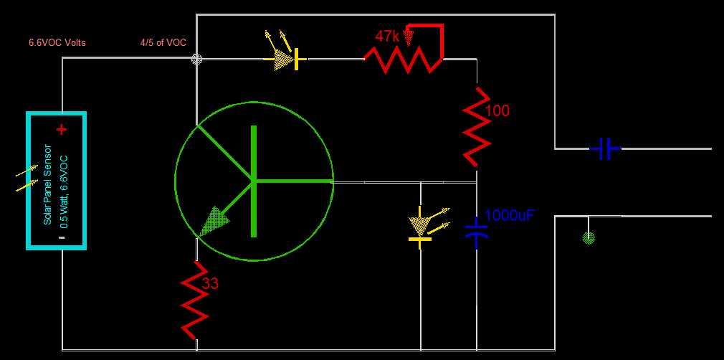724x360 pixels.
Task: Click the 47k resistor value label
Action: click(x=388, y=37)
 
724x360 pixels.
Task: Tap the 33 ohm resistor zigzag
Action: click(x=194, y=300)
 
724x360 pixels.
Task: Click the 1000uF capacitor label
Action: click(x=510, y=215)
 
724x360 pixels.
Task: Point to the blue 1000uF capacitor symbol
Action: click(x=476, y=231)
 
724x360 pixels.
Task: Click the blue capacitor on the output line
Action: click(x=605, y=148)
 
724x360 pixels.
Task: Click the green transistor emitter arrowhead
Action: click(x=213, y=221)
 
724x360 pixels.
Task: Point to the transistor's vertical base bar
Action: click(x=254, y=181)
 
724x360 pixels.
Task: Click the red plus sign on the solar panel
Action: click(x=62, y=130)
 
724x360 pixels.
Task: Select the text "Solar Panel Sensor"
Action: click(x=48, y=185)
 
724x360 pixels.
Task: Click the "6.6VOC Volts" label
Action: click(x=57, y=43)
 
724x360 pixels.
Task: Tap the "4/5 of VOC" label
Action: click(x=163, y=43)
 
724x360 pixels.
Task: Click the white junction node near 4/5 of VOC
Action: click(x=196, y=60)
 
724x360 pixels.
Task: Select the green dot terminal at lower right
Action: click(x=589, y=238)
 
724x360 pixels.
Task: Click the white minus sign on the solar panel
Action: click(x=62, y=237)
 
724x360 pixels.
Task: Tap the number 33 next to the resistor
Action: click(x=210, y=284)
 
